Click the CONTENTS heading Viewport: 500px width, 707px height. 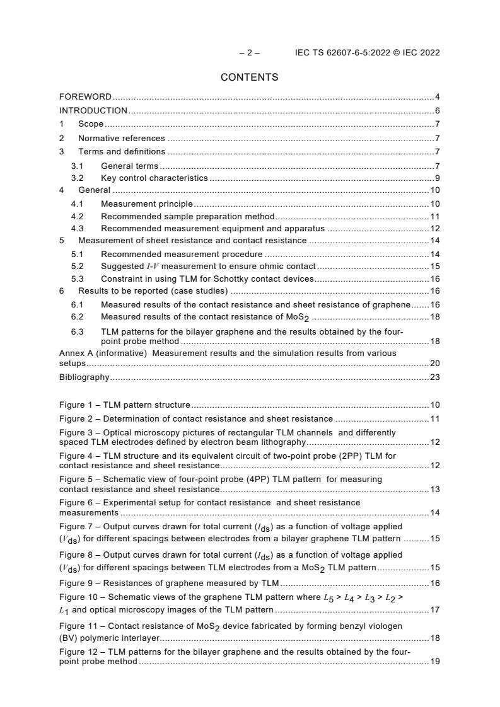(249, 78)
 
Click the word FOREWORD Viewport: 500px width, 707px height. (85, 96)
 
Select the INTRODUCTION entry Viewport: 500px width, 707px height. (93, 110)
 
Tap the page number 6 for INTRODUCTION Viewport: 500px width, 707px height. (437, 110)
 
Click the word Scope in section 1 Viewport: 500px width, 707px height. (91, 124)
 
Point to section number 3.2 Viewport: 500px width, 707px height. (77, 178)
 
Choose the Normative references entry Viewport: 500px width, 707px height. (122, 138)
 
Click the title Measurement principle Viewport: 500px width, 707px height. (147, 204)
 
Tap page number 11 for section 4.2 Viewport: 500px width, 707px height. (435, 216)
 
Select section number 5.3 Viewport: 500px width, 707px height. (77, 279)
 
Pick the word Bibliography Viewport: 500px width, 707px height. (84, 377)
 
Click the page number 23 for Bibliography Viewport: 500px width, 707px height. (435, 377)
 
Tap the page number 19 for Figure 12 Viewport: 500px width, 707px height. (435, 662)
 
